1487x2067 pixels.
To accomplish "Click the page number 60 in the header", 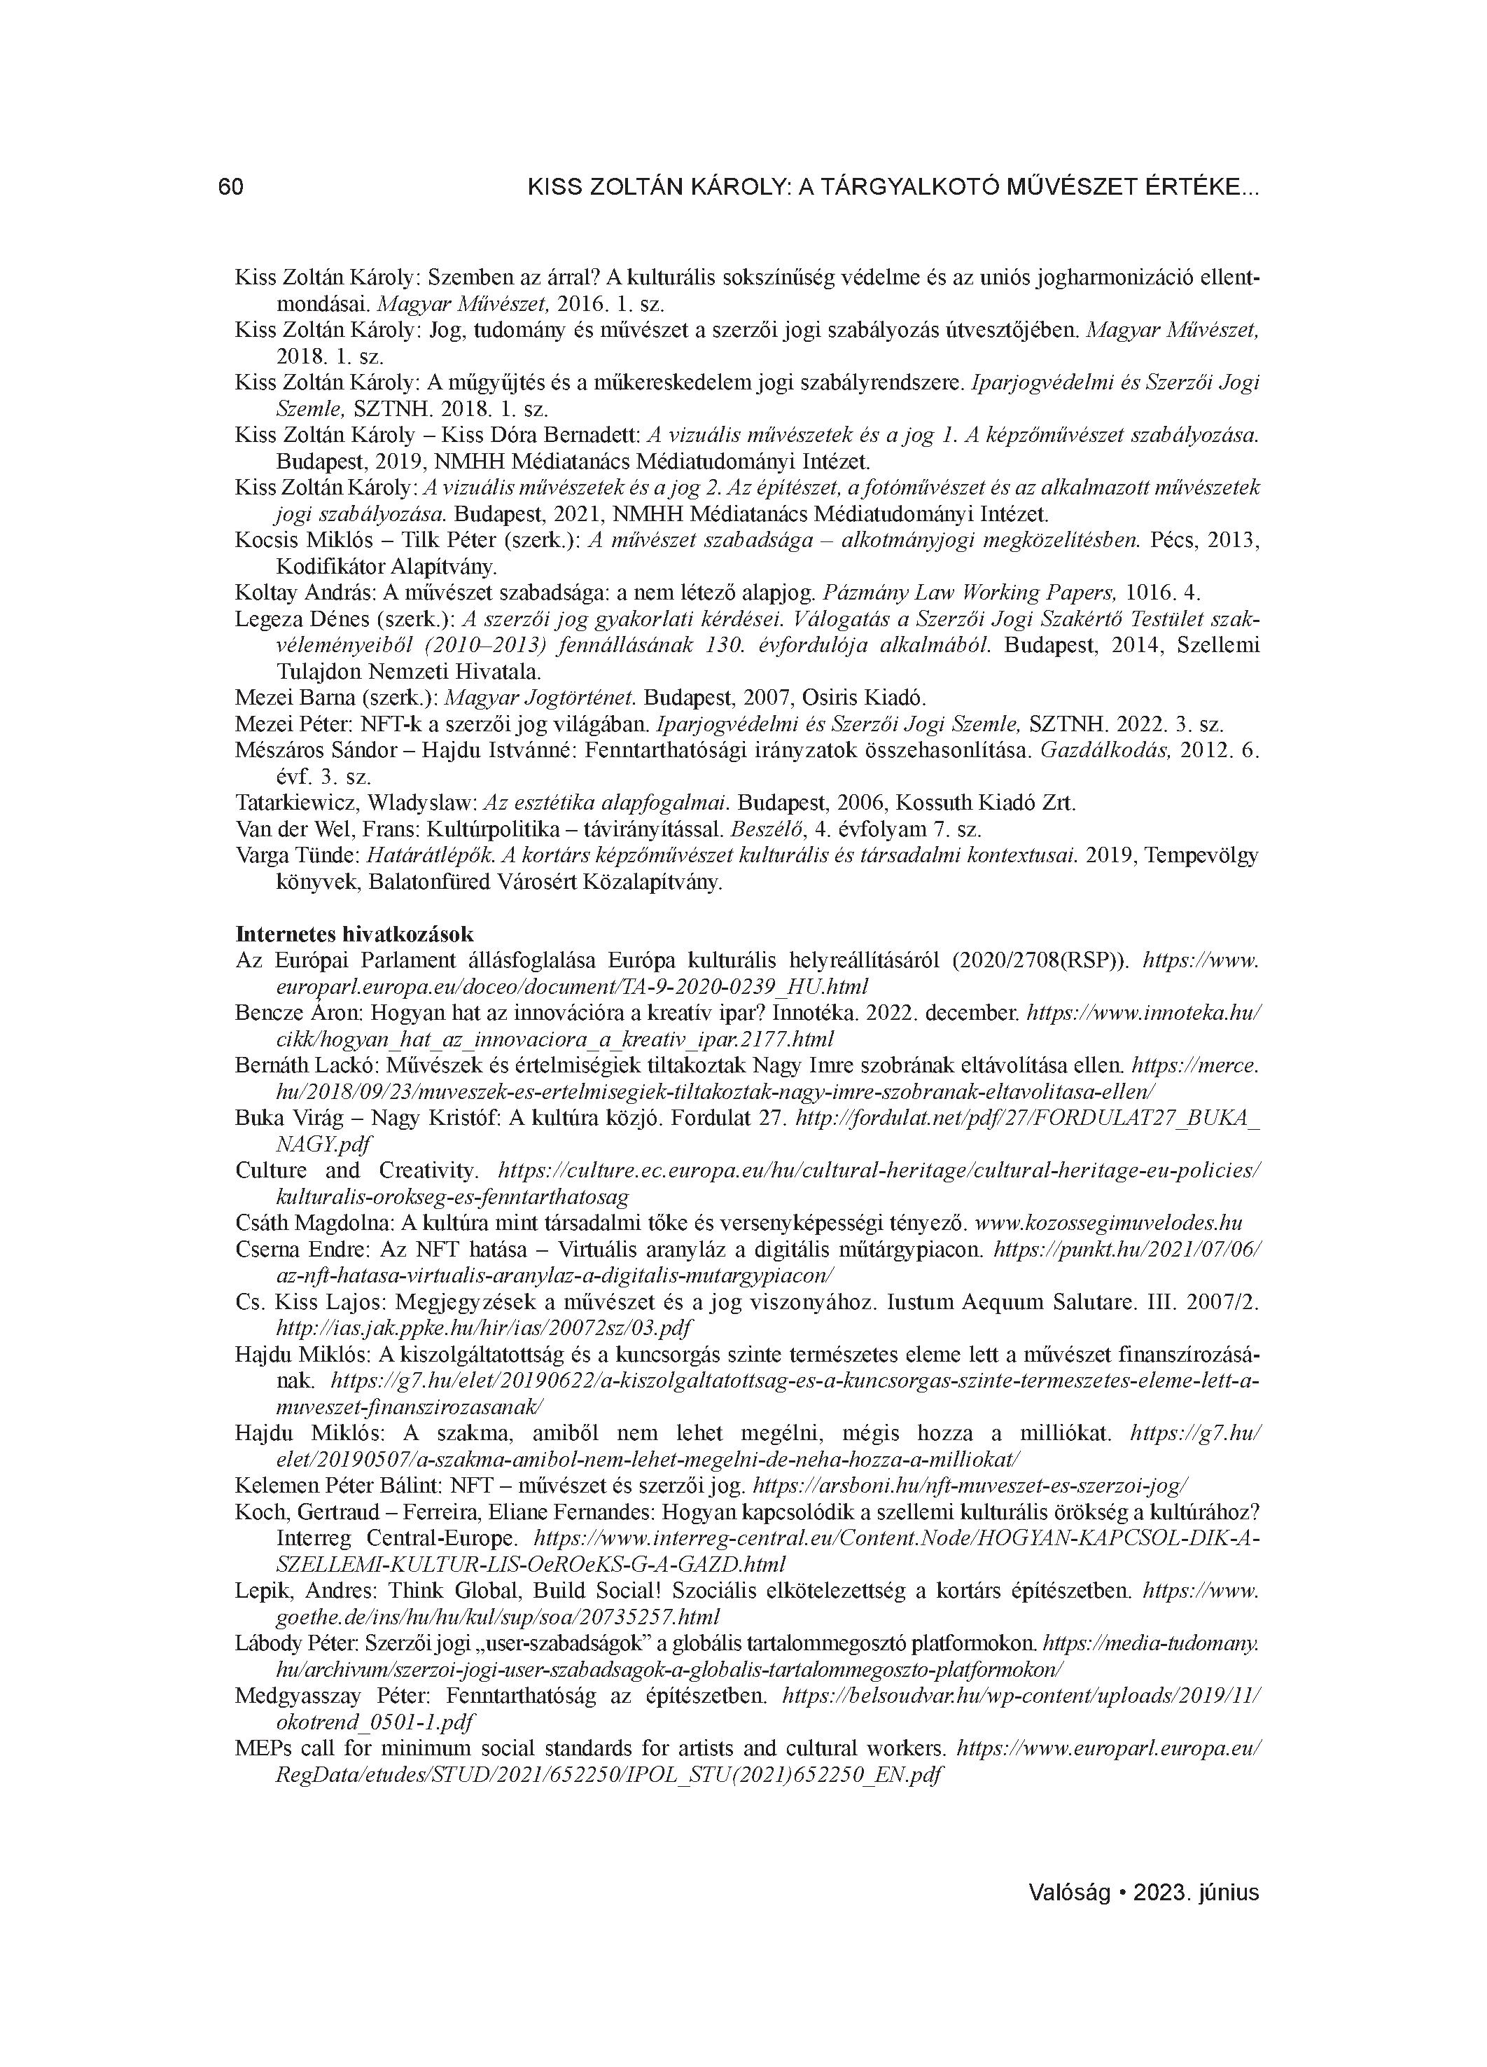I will [230, 188].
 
